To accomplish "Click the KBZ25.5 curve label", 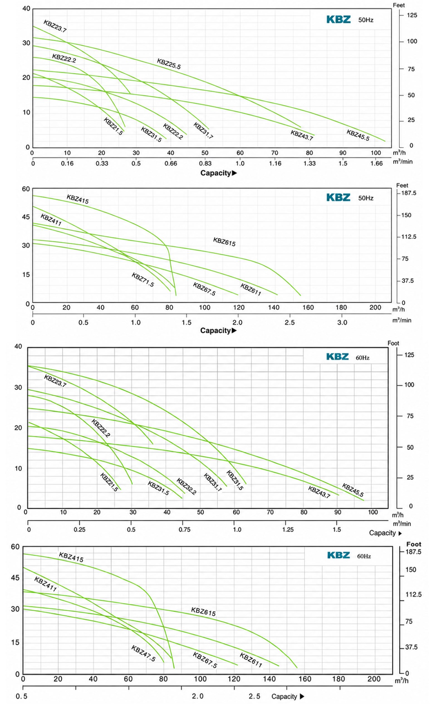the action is coord(169,64).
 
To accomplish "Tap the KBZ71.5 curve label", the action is coord(143,280).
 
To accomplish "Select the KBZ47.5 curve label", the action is coord(143,653).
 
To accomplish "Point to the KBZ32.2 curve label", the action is coord(186,486).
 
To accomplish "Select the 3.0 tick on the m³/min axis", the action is coord(342,322).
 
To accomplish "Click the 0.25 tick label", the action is coord(80,530).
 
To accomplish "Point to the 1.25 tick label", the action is coord(288,530).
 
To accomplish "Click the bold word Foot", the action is coord(413,544).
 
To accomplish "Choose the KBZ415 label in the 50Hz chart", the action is coord(77,199).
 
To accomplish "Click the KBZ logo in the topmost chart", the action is coord(338,20).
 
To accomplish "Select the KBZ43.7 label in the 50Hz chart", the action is coord(302,135).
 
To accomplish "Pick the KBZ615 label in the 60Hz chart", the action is coord(203,612).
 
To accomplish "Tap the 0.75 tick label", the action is coord(184,530).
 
